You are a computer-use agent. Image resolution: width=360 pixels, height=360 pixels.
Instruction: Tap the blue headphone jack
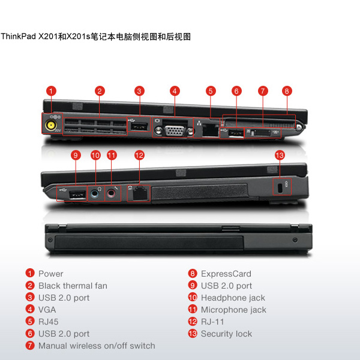[x=95, y=194]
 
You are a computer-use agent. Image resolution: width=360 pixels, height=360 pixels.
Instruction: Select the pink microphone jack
[x=111, y=194]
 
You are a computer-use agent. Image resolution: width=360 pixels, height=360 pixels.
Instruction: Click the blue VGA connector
[x=174, y=131]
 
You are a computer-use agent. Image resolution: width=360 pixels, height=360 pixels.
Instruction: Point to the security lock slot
[x=280, y=188]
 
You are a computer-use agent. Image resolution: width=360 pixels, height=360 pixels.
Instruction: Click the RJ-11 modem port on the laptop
[x=140, y=193]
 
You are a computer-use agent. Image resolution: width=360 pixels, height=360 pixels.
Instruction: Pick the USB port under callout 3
[x=139, y=127]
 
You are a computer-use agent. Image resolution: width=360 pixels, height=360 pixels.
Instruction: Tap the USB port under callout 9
[x=77, y=195]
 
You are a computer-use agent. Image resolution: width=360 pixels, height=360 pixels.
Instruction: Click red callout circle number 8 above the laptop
[x=287, y=91]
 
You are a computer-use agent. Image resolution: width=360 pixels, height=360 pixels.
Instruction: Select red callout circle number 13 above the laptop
[x=280, y=155]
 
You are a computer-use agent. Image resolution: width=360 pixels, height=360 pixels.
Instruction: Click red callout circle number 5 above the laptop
[x=211, y=91]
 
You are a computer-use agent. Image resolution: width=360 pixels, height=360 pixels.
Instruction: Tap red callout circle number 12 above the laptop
[x=139, y=155]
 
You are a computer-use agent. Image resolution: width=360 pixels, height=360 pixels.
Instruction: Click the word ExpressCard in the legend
[x=226, y=274]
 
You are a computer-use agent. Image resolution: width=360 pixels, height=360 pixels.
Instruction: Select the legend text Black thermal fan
[x=73, y=286]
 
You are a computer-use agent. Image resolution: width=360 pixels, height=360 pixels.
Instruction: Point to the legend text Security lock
[x=226, y=334]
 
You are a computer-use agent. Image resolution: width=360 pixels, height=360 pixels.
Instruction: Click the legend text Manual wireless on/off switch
[x=97, y=346]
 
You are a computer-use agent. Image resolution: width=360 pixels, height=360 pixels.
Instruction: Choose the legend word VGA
[x=47, y=310]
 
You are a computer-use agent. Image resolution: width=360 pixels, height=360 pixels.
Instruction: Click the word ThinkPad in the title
[x=19, y=36]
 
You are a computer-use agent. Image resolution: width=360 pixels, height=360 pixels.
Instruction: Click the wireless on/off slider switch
[x=261, y=133]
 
